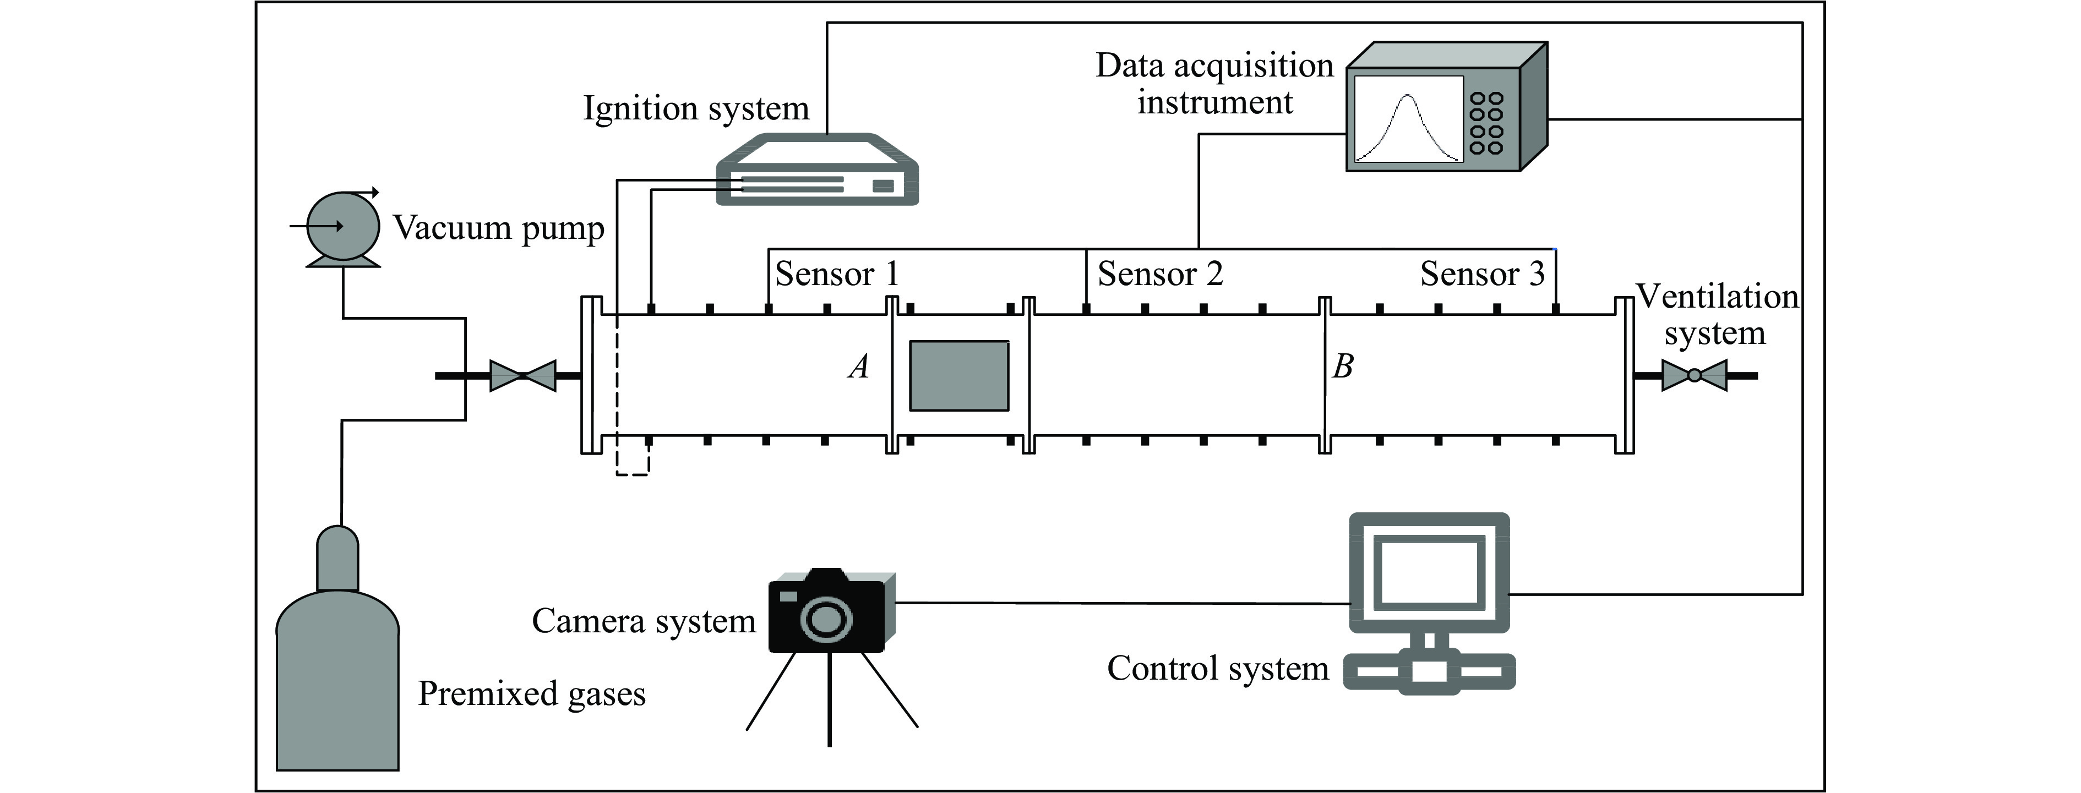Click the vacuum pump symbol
[342, 227]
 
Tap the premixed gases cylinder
[337, 679]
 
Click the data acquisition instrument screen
[1408, 119]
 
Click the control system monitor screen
[1429, 572]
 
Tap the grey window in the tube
[959, 375]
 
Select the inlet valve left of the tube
[522, 375]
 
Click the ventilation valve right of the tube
[1694, 375]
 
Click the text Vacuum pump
[498, 228]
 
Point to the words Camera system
[644, 621]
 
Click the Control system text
[1217, 669]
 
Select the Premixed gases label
[532, 694]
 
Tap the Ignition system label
[695, 108]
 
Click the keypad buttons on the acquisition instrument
[1486, 123]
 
